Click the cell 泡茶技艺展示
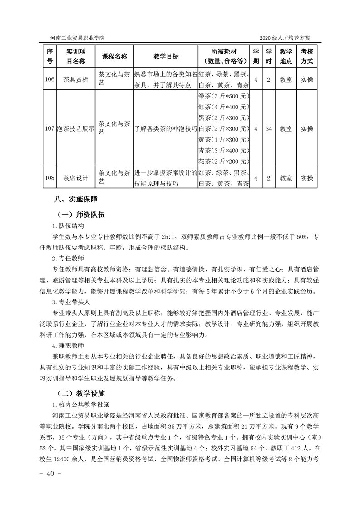75,129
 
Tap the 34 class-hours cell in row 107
269,129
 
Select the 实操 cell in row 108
307,178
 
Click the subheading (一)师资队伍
80,215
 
